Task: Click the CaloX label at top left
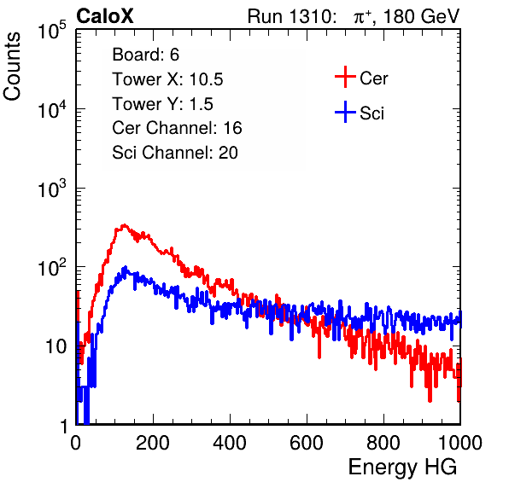tap(104, 16)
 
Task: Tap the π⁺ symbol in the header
tap(362, 17)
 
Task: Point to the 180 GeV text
tap(421, 16)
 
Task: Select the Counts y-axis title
tap(12, 67)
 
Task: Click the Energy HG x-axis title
tap(402, 468)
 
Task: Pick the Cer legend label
tap(373, 78)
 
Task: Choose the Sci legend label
tap(372, 113)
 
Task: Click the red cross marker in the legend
tap(345, 77)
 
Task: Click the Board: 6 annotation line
tap(145, 55)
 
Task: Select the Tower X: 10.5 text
tap(167, 79)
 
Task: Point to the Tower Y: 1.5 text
tap(162, 104)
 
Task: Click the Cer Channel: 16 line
tap(177, 128)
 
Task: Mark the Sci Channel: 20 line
tap(175, 153)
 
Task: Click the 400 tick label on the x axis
tap(230, 443)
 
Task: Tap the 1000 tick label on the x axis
tap(460, 443)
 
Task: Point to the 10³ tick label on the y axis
tap(52, 189)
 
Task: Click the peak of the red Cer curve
tap(125, 225)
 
